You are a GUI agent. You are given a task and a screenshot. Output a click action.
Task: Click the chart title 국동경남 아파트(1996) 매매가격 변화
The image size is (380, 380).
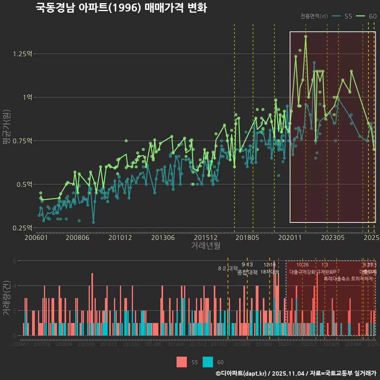pos(121,8)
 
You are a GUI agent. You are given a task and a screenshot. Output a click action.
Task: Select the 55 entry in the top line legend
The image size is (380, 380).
pos(342,16)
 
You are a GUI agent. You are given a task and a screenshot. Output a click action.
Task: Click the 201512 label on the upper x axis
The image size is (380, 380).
pos(206,237)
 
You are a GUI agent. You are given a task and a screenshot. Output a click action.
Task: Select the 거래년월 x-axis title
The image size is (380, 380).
pos(205,246)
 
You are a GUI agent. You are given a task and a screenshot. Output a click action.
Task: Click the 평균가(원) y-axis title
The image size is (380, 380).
pos(7,129)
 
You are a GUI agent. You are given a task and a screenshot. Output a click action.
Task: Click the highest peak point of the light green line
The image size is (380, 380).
pos(306,36)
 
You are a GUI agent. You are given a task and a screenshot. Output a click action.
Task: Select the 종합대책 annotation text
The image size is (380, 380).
pos(247,272)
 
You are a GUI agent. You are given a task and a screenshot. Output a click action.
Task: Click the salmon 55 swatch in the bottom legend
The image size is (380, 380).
pos(182,362)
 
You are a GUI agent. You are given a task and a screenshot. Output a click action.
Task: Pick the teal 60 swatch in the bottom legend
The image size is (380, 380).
pos(208,362)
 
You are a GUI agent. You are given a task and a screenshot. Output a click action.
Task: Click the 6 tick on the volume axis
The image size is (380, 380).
pos(15,261)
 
